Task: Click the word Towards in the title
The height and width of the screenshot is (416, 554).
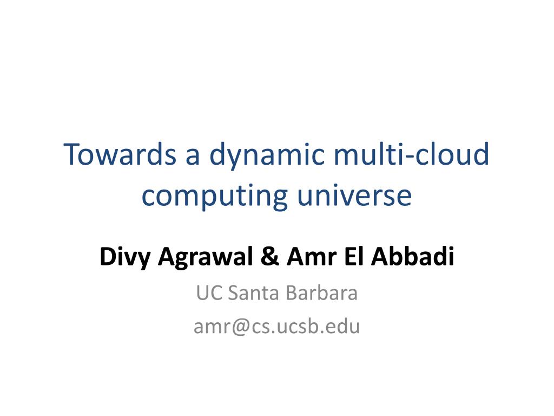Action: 120,154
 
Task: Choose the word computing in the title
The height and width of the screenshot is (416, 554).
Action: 215,196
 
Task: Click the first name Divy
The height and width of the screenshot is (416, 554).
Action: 125,257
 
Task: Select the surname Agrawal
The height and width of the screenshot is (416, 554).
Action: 205,257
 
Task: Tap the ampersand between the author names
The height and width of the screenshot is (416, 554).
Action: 269,256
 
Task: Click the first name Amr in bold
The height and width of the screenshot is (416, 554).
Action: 311,256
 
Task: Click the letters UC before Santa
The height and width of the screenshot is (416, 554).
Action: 209,293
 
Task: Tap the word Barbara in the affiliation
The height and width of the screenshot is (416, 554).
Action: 321,292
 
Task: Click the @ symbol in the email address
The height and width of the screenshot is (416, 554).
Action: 241,327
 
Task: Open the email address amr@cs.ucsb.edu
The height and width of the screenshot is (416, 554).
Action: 276,327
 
